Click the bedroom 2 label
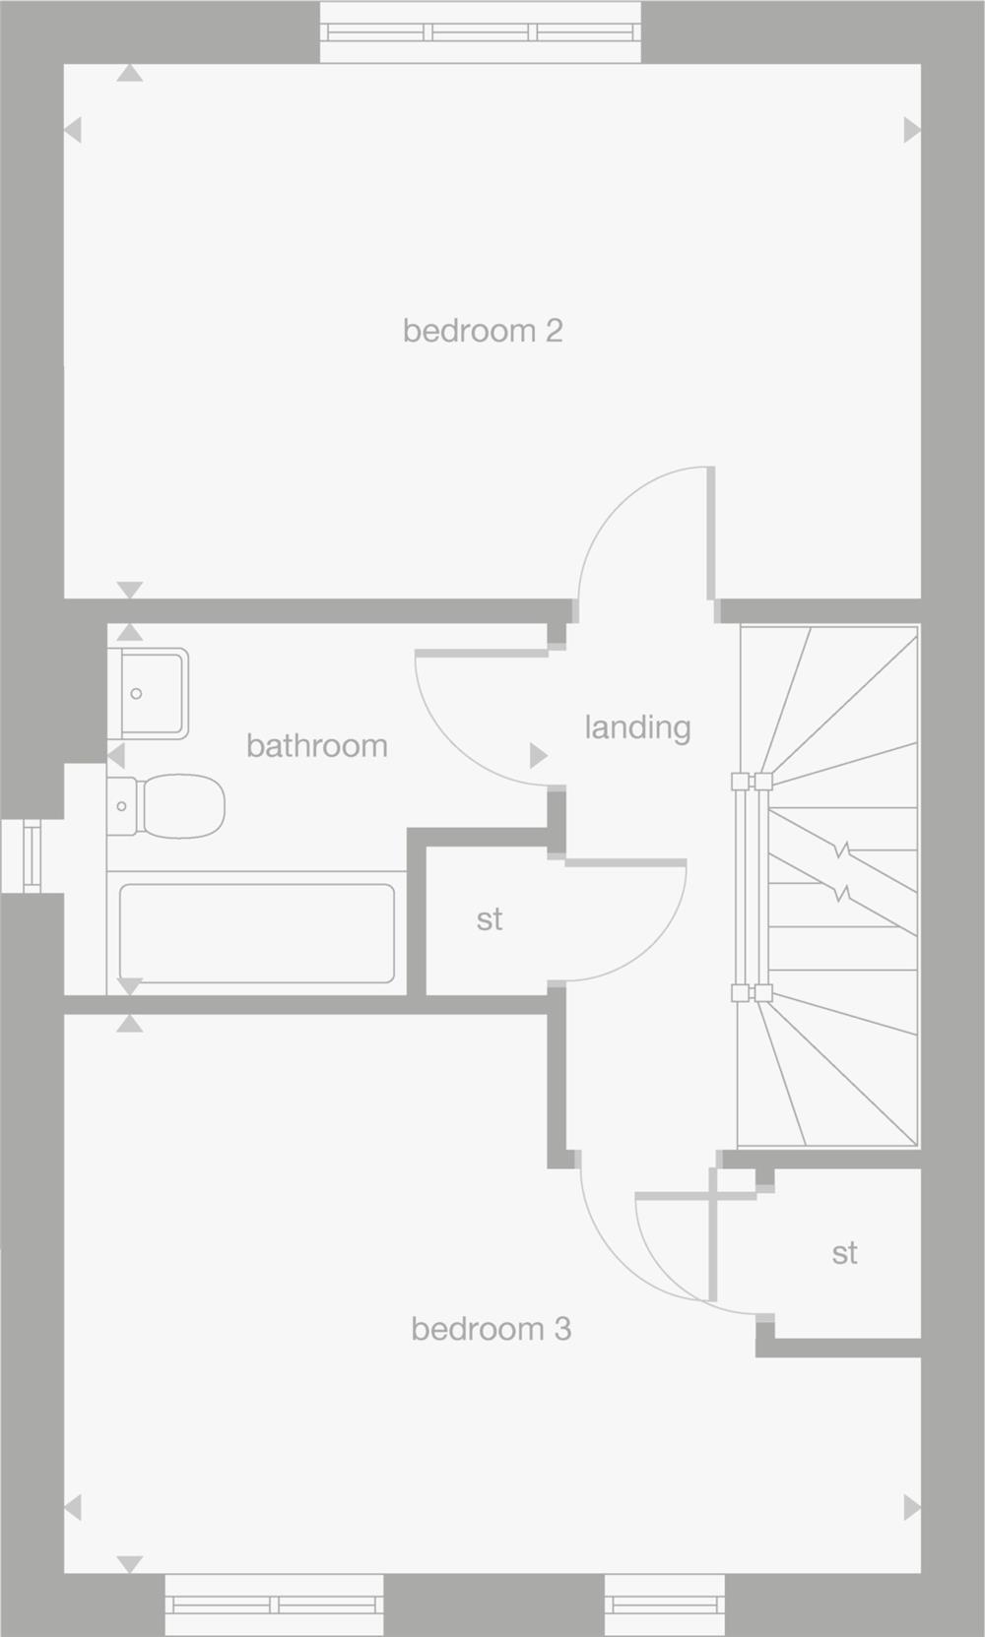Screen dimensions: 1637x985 (x=483, y=331)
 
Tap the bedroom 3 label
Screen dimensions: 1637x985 (x=491, y=1329)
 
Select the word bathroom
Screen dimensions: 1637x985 (x=316, y=746)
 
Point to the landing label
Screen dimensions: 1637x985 (x=637, y=727)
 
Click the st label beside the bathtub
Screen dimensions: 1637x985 (x=490, y=919)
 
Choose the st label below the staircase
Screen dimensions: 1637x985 (x=844, y=1253)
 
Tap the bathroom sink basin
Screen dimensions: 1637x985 (x=149, y=693)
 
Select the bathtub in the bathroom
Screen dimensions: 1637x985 (x=256, y=933)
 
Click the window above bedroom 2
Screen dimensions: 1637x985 (x=481, y=31)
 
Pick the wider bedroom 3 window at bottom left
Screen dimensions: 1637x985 (x=274, y=1605)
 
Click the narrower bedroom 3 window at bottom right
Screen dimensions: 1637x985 (x=664, y=1605)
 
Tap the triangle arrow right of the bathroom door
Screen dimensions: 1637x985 (x=538, y=755)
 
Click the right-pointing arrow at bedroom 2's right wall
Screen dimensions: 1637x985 (x=911, y=130)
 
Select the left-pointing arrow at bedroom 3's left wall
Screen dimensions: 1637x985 (x=73, y=1507)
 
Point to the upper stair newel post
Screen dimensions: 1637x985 (x=751, y=782)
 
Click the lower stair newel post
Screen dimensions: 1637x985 (x=751, y=993)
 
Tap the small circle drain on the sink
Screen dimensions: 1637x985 (x=136, y=694)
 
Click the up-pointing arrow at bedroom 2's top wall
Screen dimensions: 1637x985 (x=130, y=74)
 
